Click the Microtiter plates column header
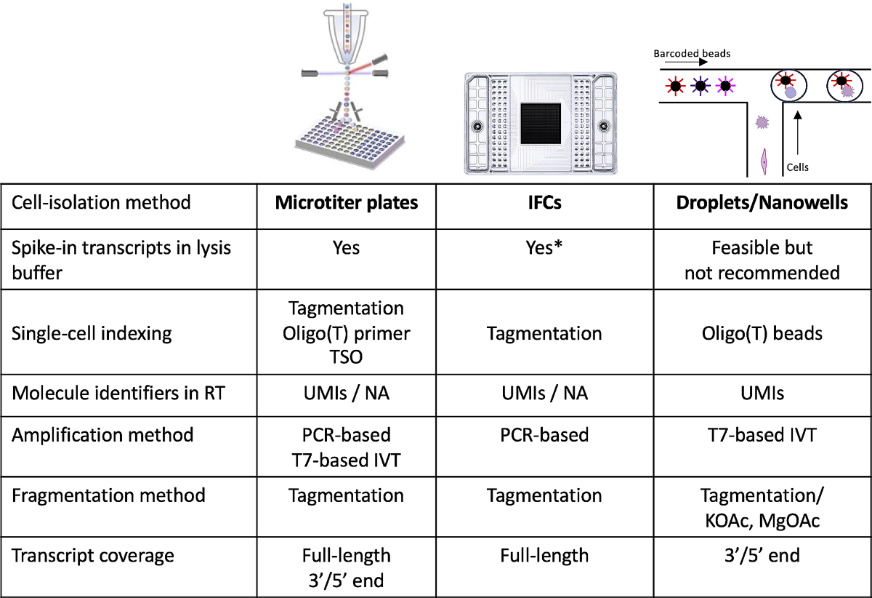347,203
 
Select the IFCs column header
544,203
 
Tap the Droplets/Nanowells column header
762,203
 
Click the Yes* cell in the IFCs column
544,247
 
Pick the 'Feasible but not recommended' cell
762,260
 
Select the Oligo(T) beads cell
762,333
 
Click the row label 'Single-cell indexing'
92,334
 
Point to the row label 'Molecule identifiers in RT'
118,393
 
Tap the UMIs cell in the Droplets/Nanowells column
762,393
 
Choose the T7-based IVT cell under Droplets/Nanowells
762,435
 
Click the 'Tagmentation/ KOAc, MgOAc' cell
762,508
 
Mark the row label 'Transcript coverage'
93,556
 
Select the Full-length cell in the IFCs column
544,556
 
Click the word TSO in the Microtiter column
346,357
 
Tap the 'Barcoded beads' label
692,53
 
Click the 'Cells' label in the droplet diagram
798,167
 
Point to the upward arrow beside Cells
798,132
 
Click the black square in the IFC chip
541,124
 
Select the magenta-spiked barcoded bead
725,86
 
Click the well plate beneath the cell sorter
350,143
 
